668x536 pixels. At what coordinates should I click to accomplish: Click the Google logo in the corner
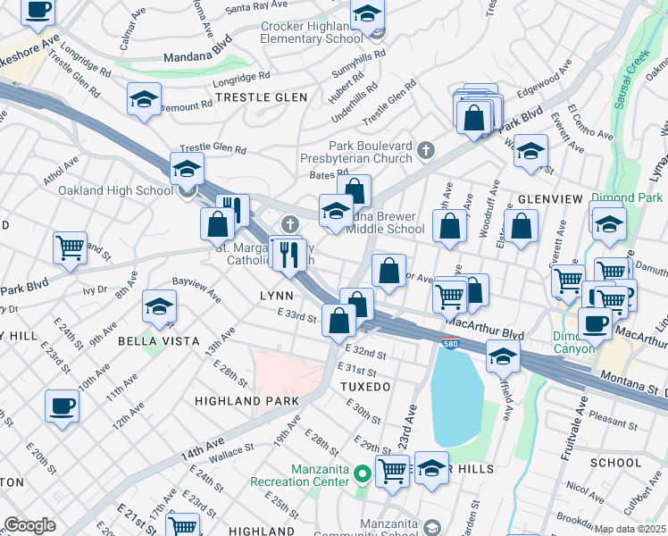click(29, 525)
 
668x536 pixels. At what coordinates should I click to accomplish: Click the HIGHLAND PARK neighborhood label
click(246, 402)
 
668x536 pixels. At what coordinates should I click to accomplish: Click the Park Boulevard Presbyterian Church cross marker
click(426, 149)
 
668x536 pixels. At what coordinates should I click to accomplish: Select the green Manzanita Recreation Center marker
click(362, 473)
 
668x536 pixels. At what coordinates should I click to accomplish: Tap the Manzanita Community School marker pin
click(433, 527)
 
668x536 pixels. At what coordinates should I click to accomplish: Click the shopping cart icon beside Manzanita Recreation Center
click(392, 470)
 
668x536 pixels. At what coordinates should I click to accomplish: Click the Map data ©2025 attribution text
click(630, 529)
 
